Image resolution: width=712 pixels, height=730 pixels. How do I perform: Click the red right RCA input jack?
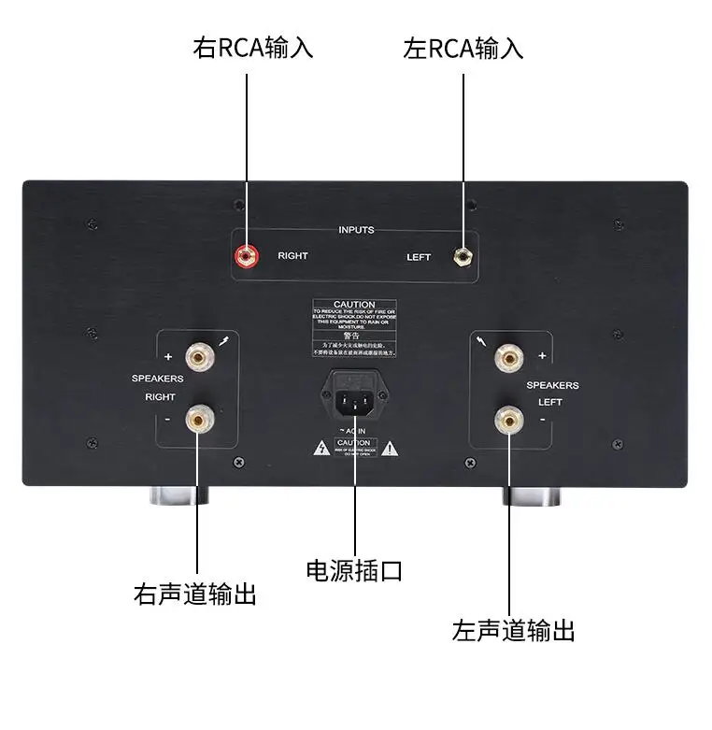(x=248, y=254)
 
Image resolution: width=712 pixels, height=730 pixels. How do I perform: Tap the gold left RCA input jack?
(x=461, y=255)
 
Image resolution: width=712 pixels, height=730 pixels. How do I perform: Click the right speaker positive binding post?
(x=198, y=356)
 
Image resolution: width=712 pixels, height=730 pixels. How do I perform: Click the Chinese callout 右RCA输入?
(x=252, y=48)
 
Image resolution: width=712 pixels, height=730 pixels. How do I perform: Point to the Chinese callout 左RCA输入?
(x=463, y=48)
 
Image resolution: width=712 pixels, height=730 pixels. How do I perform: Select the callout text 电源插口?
(x=355, y=569)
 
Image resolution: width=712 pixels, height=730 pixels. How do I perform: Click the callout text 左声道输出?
(x=513, y=629)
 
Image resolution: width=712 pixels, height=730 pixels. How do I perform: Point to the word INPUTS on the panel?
(x=355, y=230)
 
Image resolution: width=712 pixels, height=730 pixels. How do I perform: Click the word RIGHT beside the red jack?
(x=292, y=255)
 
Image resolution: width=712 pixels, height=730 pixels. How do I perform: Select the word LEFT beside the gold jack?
(x=419, y=257)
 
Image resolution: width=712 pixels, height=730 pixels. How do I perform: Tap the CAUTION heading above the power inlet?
(x=354, y=305)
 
